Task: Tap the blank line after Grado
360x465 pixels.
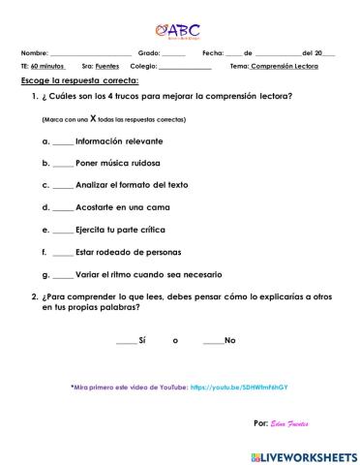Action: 173,53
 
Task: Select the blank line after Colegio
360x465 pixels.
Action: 185,67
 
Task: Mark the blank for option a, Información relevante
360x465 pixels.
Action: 63,141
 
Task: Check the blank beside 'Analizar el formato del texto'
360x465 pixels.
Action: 63,186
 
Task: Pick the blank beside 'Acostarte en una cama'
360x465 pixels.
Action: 63,208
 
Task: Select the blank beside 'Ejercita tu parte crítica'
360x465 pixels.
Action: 63,231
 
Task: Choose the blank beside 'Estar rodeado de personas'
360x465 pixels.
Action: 63,253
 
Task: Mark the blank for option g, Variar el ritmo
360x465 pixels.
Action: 63,275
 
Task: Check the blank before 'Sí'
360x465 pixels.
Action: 126,342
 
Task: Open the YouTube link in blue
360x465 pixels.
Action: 240,387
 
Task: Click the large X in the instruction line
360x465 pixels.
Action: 93,118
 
